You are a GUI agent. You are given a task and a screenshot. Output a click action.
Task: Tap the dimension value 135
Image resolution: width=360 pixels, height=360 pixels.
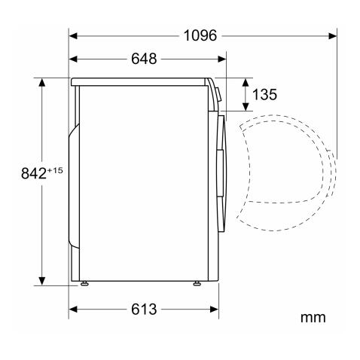(264, 94)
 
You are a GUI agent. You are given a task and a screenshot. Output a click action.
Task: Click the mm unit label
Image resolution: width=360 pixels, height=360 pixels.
(314, 317)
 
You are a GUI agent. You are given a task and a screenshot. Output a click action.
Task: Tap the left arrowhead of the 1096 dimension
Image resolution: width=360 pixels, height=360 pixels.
(73, 35)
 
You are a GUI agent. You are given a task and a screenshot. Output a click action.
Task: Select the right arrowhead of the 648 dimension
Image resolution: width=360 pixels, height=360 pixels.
(223, 59)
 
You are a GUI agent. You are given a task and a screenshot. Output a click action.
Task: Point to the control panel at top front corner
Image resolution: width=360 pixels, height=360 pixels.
(216, 91)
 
